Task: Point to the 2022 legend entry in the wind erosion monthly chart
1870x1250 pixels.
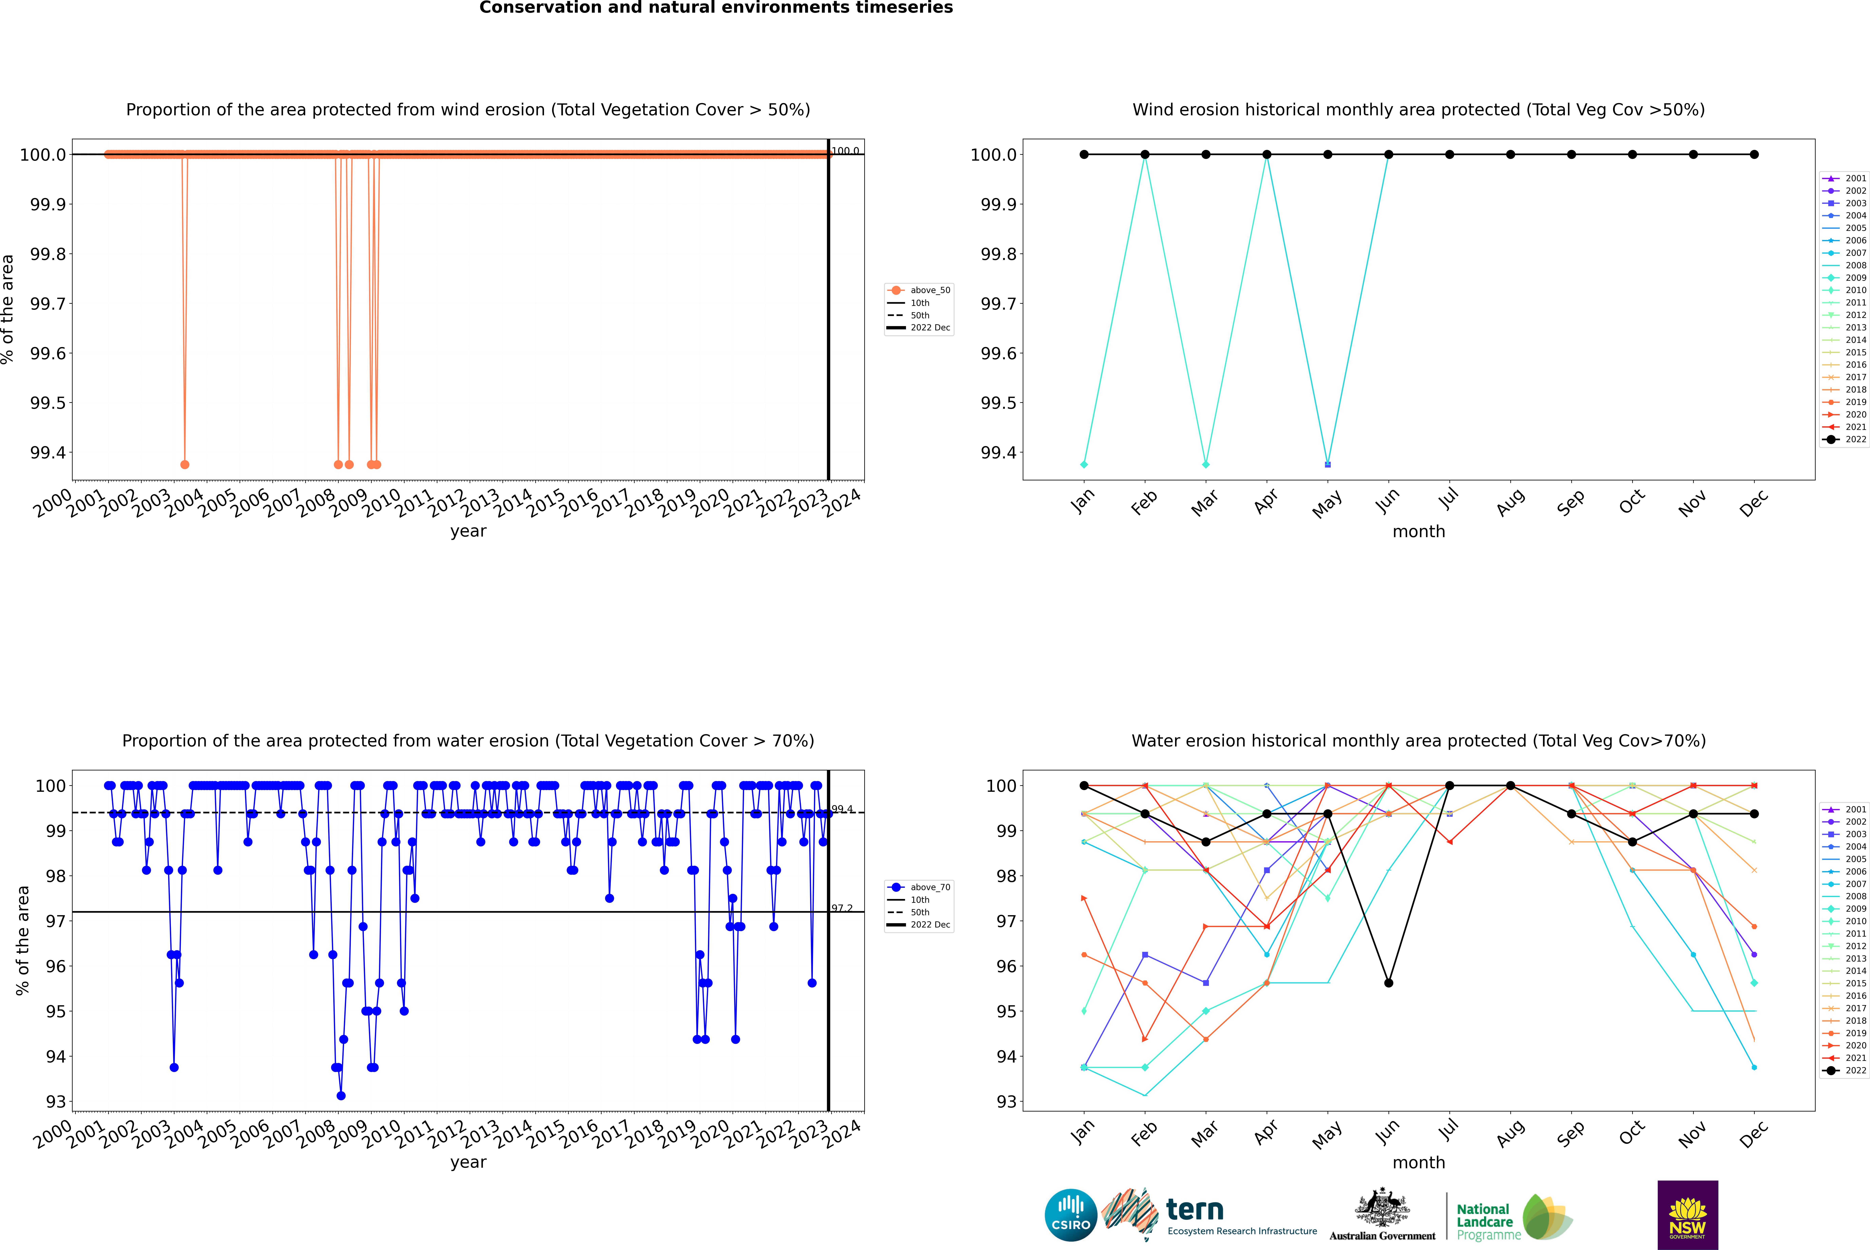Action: click(1844, 439)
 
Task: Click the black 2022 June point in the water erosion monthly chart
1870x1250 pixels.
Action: click(1389, 983)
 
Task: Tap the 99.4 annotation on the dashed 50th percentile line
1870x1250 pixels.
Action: click(842, 809)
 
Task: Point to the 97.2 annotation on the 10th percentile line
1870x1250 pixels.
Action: click(842, 908)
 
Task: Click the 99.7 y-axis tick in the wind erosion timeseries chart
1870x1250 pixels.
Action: click(48, 304)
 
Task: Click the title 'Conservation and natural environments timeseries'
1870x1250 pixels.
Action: click(716, 8)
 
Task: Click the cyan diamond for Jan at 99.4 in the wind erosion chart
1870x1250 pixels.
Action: click(1084, 464)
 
